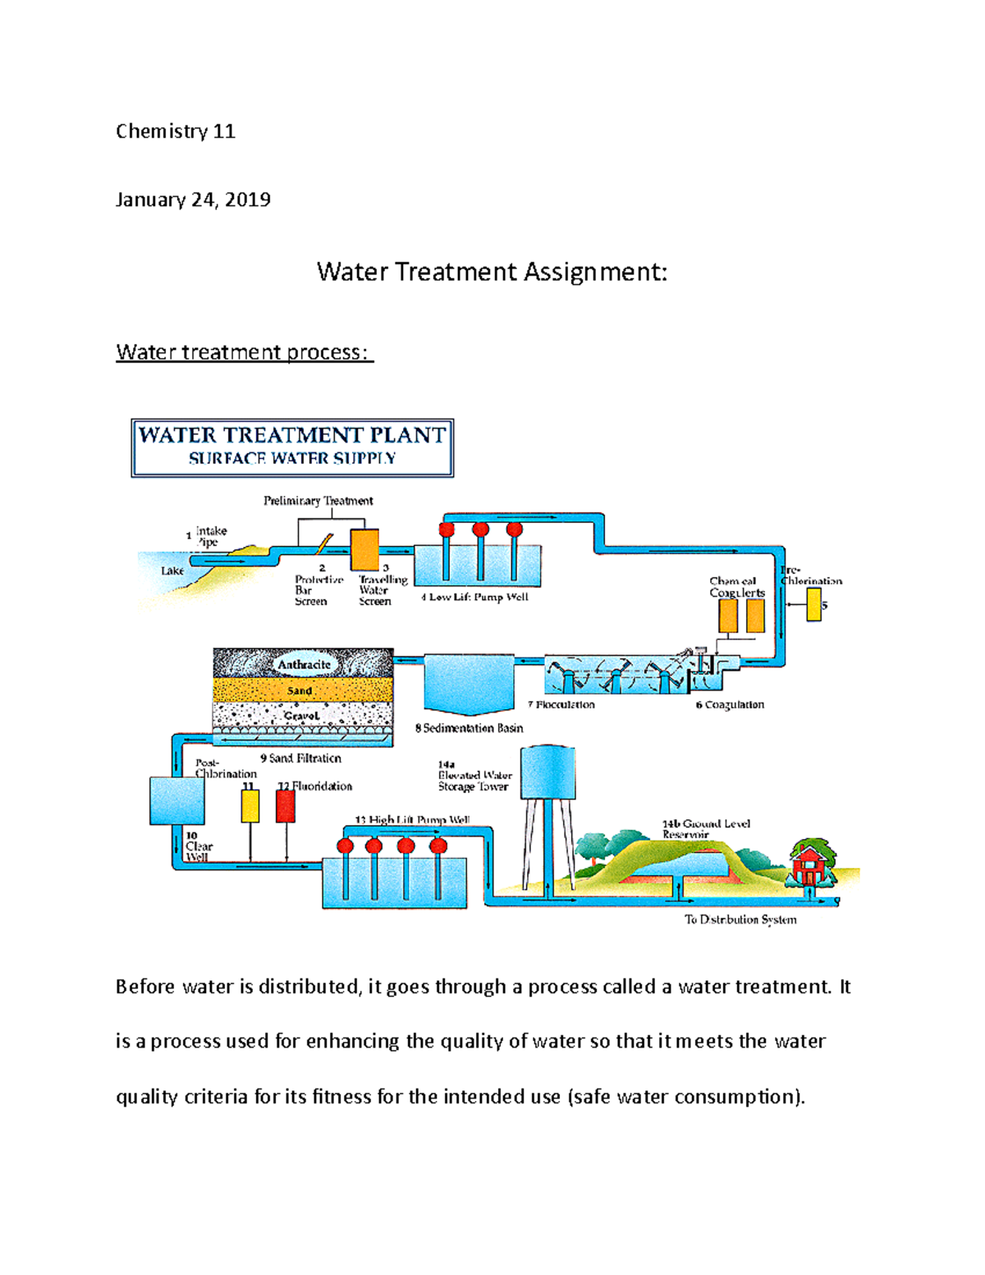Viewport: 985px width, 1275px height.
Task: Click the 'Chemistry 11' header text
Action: (x=175, y=131)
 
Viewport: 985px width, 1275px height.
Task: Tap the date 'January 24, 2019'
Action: (x=193, y=200)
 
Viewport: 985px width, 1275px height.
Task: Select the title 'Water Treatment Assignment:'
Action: (x=492, y=272)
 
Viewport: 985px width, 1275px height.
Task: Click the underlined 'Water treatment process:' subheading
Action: (x=244, y=352)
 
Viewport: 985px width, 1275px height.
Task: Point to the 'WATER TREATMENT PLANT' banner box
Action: (x=292, y=447)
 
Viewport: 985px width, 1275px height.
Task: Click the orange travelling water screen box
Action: (x=364, y=549)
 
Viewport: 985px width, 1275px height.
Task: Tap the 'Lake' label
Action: (x=172, y=571)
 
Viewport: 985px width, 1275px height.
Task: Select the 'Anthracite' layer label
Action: (x=304, y=664)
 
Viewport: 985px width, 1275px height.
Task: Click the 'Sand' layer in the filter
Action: (x=300, y=690)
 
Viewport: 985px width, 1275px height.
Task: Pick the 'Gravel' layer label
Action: (x=301, y=716)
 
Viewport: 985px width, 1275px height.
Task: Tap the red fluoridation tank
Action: (x=285, y=806)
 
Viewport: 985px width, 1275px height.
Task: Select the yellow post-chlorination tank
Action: (x=250, y=806)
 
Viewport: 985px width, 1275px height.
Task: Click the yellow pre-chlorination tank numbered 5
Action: (x=813, y=604)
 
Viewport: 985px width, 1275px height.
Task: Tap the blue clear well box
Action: (x=176, y=800)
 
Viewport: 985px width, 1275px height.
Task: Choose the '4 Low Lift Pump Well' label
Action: (x=474, y=597)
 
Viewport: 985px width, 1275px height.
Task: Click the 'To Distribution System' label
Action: (x=740, y=920)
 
